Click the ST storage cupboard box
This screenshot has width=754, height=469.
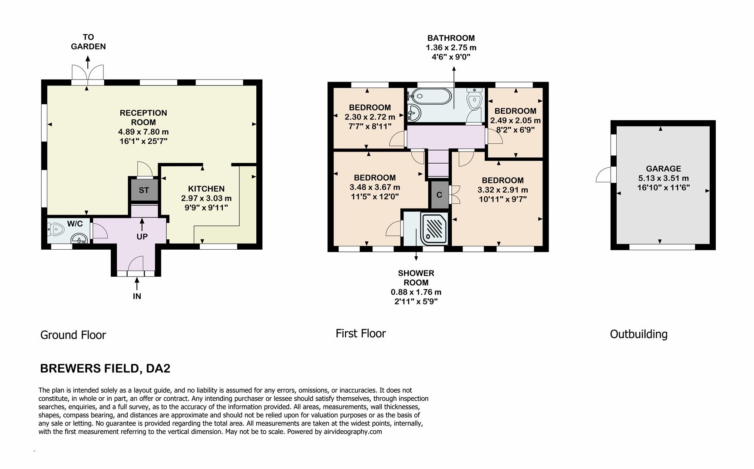coord(144,190)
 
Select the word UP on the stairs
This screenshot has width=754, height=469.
coord(142,237)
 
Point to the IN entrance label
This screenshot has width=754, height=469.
coord(137,296)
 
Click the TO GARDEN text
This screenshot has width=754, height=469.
coord(88,42)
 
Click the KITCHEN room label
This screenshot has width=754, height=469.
coord(206,188)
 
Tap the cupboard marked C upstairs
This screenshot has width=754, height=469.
coord(439,195)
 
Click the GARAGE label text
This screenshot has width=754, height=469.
coord(663,168)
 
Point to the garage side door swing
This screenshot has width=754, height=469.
coord(604,175)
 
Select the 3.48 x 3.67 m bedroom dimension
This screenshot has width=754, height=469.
coord(374,187)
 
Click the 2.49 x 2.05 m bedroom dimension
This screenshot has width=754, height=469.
coord(515,120)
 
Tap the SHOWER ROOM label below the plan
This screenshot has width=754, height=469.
coord(416,277)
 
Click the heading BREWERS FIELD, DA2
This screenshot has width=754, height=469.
coord(105,369)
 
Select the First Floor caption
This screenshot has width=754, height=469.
coord(360,334)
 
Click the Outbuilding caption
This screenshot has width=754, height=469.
coord(638,334)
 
